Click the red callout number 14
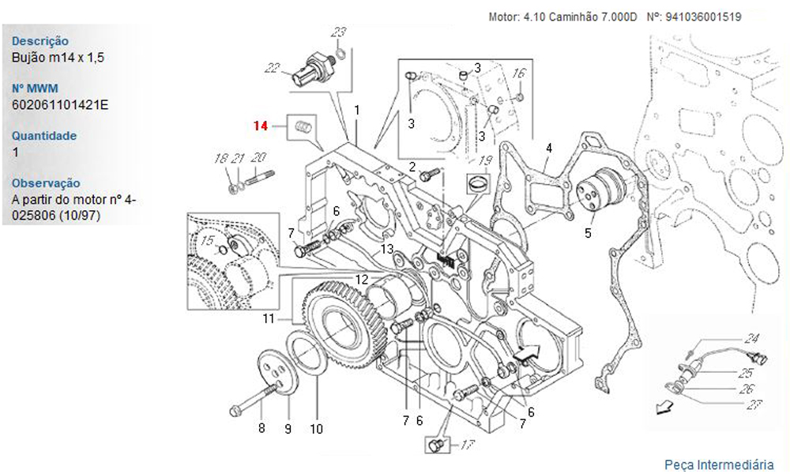261,126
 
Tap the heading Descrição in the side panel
40,41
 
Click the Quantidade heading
44,135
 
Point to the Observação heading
46,182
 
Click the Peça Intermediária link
718,464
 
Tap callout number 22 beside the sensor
273,69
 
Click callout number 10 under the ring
316,430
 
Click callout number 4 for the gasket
549,148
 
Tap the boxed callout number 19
485,161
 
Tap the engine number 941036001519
704,16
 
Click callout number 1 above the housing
356,111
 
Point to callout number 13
386,250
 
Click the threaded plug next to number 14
303,126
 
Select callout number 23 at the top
337,32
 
